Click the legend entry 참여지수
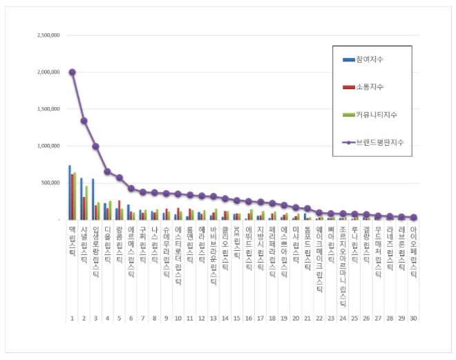pyautogui.click(x=372, y=60)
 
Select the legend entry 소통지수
pyautogui.click(x=372, y=87)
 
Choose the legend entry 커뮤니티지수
pyautogui.click(x=377, y=114)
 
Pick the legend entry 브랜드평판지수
pyautogui.click(x=380, y=142)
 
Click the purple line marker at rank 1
pyautogui.click(x=72, y=72)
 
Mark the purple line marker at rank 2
pyautogui.click(x=84, y=121)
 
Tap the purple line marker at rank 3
pyautogui.click(x=95, y=146)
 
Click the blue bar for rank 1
pyautogui.click(x=69, y=193)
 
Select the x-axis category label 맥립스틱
pyautogui.click(x=72, y=236)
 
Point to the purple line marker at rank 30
pyautogui.click(x=413, y=217)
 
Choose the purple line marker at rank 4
pyautogui.click(x=107, y=171)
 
